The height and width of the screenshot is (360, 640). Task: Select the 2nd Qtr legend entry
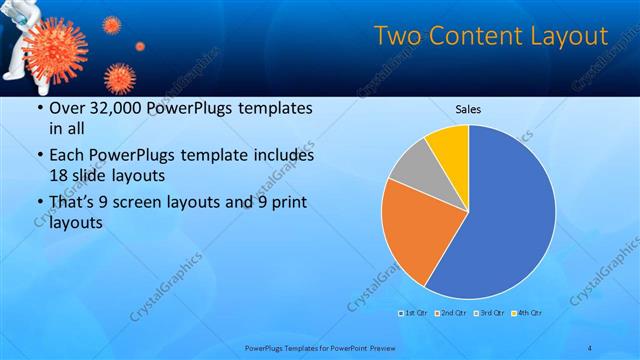(x=451, y=314)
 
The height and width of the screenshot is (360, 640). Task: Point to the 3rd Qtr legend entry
(x=489, y=314)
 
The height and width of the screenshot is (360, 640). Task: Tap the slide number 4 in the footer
(x=591, y=348)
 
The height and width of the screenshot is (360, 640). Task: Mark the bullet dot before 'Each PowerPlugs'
(x=39, y=157)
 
